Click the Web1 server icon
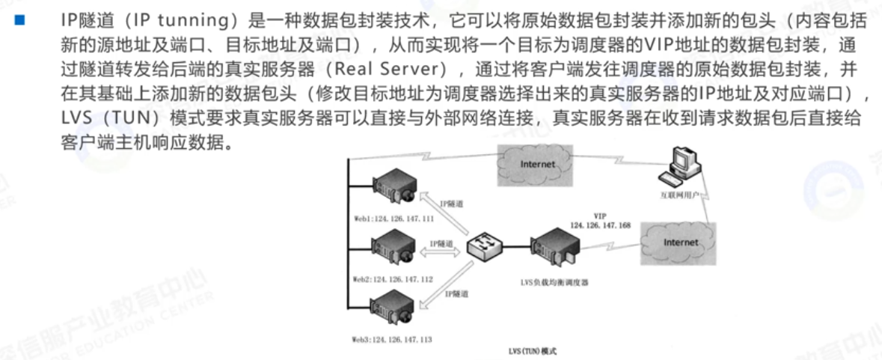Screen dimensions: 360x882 tap(395, 186)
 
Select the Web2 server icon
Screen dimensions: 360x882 tap(395, 247)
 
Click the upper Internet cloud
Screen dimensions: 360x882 tap(537, 164)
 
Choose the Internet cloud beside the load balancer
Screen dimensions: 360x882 tap(680, 242)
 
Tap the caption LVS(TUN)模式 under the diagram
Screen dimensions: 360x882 tap(532, 350)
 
